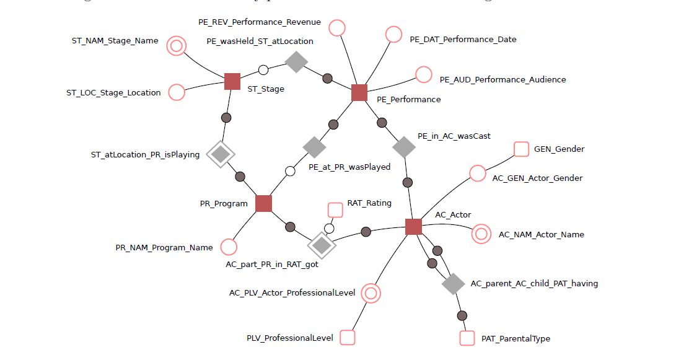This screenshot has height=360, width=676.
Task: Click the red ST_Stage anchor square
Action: [x=232, y=81]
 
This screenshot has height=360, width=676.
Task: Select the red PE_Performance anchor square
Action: [x=359, y=92]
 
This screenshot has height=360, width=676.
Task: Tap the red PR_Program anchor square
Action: [x=264, y=203]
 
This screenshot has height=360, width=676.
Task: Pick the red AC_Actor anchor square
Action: [x=413, y=227]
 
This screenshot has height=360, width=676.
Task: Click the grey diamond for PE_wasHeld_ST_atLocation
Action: [x=297, y=61]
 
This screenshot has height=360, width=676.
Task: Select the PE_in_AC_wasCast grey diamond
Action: [x=405, y=147]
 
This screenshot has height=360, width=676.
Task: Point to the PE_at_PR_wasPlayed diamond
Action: [x=314, y=147]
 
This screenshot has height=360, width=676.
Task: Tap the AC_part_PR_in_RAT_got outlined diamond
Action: [x=322, y=246]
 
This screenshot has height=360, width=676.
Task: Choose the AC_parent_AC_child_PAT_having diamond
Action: [x=453, y=284]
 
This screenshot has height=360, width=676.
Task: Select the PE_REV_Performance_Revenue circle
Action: [x=336, y=28]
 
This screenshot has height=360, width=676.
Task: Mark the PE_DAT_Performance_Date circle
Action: [x=393, y=34]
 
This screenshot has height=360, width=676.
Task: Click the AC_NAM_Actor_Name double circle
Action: [x=481, y=234]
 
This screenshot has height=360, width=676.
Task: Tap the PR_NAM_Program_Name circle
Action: [x=229, y=247]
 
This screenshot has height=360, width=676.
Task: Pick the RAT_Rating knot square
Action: [x=335, y=209]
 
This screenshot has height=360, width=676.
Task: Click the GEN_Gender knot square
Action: [x=522, y=149]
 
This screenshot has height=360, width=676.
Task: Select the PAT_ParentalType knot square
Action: [x=467, y=338]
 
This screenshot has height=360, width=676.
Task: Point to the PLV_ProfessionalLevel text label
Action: [x=290, y=338]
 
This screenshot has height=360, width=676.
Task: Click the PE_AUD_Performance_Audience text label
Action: [x=503, y=79]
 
